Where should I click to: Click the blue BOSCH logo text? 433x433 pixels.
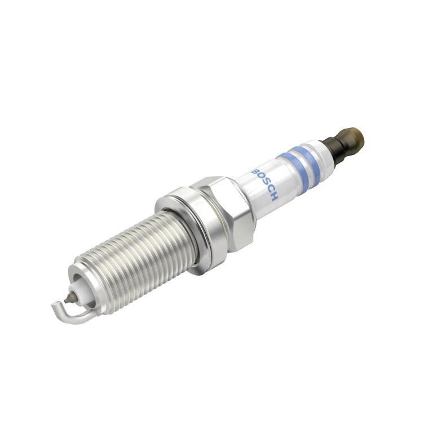[x=265, y=184]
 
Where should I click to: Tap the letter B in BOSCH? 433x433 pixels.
[x=255, y=171]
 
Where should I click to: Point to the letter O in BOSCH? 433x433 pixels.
[x=260, y=177]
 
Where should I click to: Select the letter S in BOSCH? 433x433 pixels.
[x=264, y=184]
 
